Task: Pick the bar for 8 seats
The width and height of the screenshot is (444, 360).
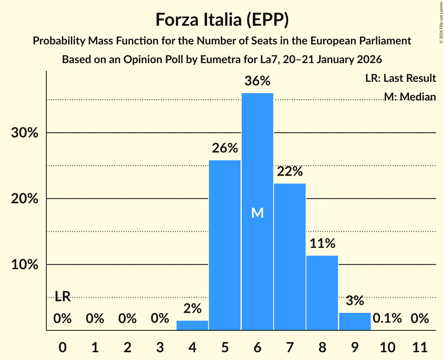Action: [x=322, y=292]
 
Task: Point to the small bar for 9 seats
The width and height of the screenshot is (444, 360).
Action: [x=354, y=321]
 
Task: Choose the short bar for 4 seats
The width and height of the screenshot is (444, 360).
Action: [x=193, y=325]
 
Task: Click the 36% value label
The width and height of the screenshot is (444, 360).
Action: [x=257, y=81]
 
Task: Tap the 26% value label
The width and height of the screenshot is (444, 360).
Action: [x=225, y=148]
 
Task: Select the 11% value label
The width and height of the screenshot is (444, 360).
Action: [x=322, y=244]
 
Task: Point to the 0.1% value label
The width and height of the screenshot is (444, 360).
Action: [x=387, y=318]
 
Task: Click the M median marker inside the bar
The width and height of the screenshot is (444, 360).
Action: [x=257, y=213]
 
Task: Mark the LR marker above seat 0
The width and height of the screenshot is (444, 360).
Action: [x=62, y=297]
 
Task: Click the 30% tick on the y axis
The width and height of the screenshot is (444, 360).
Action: [x=25, y=133]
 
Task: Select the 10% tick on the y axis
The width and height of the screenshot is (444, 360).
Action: [x=25, y=265]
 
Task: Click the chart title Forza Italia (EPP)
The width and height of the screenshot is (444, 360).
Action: [x=222, y=19]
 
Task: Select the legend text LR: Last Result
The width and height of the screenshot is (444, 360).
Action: [x=400, y=78]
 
